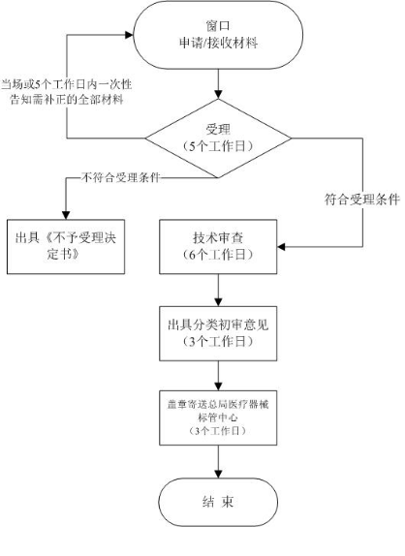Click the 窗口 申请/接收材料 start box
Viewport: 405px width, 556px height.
point(218,35)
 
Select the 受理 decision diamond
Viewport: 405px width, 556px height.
point(218,138)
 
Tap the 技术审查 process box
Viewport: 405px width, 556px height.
point(218,247)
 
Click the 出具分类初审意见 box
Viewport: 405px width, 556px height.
point(218,333)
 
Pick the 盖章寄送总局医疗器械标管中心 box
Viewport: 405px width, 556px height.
point(218,417)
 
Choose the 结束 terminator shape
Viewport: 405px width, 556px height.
point(218,502)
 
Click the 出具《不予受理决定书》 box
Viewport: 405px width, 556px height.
point(66,247)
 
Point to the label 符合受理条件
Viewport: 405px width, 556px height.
point(362,200)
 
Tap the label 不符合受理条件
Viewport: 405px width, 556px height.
point(120,177)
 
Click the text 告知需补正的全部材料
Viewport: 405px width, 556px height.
point(67,100)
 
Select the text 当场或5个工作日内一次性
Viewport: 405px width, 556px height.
point(66,84)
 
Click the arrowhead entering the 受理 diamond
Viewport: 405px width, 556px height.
point(218,94)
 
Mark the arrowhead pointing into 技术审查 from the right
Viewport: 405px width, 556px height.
point(281,247)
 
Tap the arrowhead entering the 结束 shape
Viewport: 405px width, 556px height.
point(218,474)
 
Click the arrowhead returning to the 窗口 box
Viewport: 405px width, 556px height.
point(129,35)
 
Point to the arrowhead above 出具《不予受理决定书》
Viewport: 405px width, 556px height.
point(66,216)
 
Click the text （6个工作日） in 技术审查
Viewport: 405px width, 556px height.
point(218,255)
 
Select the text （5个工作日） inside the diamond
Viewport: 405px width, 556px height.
point(218,146)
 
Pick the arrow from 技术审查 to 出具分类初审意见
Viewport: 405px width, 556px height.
point(218,291)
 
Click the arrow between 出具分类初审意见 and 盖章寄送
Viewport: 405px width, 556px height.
point(218,376)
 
